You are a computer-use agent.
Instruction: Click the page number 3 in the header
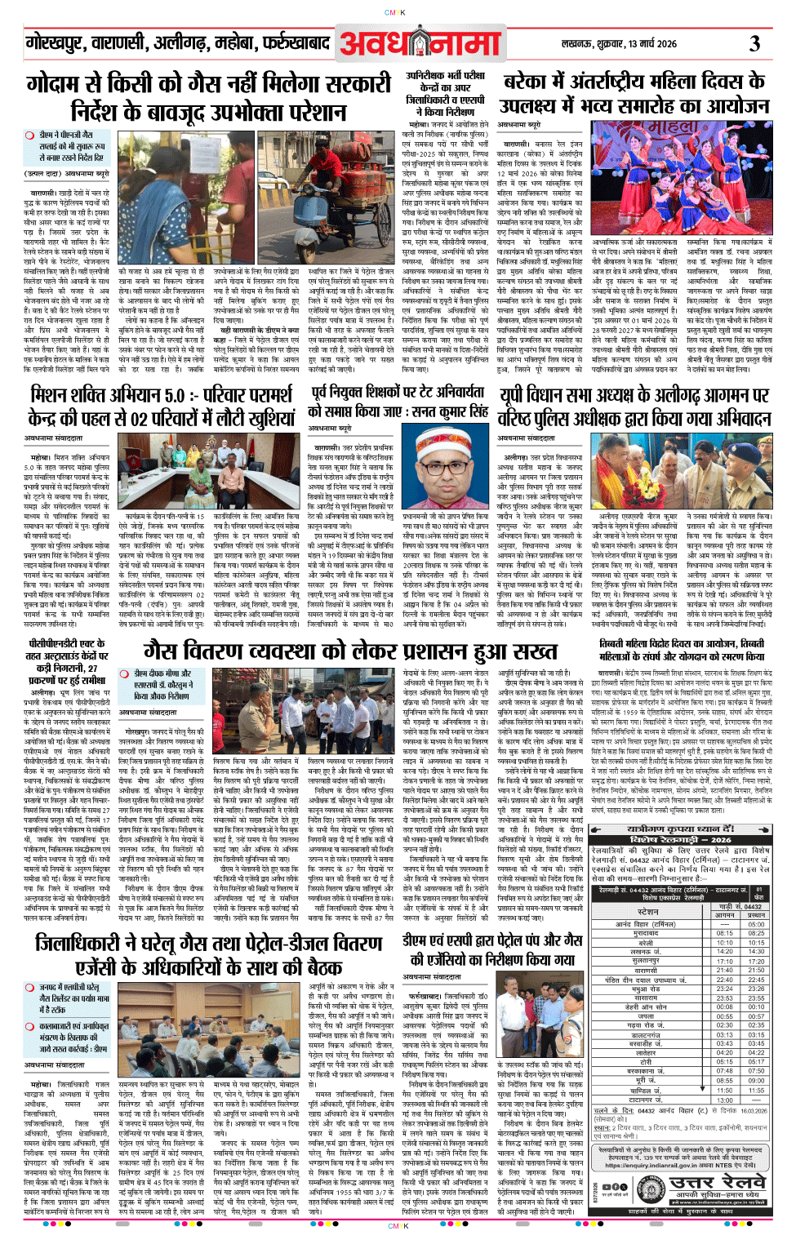coord(754,42)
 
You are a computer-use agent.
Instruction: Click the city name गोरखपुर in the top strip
coord(54,43)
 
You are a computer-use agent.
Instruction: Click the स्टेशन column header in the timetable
coord(647,911)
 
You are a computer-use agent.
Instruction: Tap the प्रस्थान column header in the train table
coord(756,915)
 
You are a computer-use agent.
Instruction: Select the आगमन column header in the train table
coord(724,915)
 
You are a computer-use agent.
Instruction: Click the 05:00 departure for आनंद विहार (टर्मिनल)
coord(756,924)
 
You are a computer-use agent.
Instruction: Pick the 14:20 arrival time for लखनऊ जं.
coord(724,951)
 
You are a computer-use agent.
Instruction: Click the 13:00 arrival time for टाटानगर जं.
coord(724,1100)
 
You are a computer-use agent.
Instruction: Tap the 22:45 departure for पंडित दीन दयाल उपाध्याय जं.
coord(756,980)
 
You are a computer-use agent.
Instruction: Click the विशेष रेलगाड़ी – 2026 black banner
coord(680,839)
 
